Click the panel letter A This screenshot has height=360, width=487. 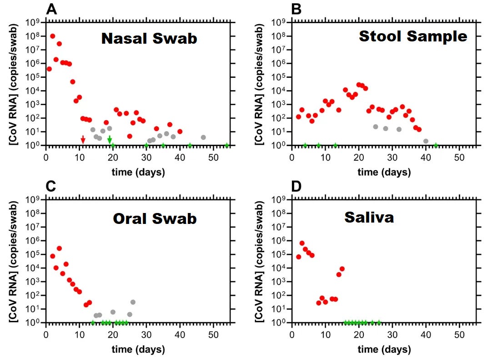(x=52, y=9)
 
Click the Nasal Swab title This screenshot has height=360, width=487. (x=149, y=38)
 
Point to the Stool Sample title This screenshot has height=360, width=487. (x=413, y=36)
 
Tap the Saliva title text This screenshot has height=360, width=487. (x=368, y=217)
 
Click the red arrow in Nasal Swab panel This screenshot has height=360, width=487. (x=83, y=140)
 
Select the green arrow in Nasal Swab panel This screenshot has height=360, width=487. (x=110, y=140)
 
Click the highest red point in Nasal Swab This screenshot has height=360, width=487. (x=53, y=36)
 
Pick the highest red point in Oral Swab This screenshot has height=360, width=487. (x=59, y=248)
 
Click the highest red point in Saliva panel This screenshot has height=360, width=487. (x=302, y=243)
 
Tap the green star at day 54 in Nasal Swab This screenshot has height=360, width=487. (x=227, y=145)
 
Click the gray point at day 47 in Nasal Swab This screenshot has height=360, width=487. (x=203, y=137)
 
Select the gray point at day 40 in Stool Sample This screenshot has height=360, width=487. (x=426, y=141)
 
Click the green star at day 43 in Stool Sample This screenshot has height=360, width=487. (x=436, y=145)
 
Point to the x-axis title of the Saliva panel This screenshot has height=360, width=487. (x=384, y=350)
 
